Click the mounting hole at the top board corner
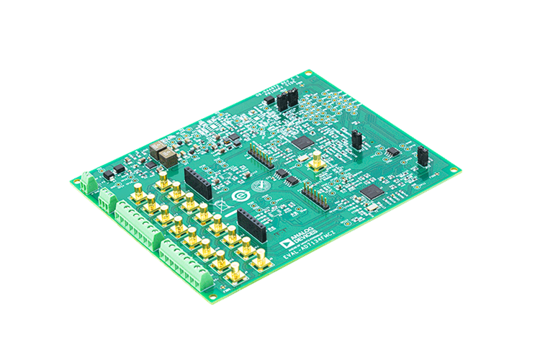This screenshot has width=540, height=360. pyautogui.click(x=307, y=73)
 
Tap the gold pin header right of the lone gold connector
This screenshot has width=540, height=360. pyautogui.click(x=315, y=196)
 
